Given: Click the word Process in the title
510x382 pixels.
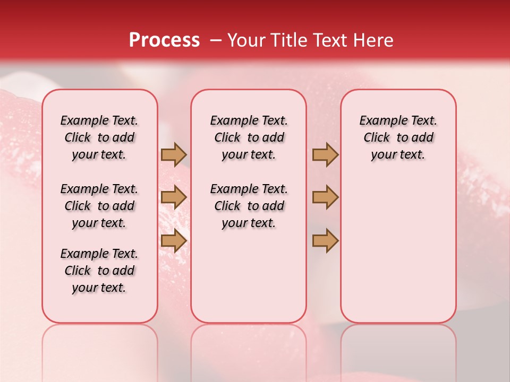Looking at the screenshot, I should pos(164,40).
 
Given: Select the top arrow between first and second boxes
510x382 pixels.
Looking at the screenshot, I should pos(174,154).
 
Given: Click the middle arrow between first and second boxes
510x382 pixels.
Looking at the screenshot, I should pos(174,197).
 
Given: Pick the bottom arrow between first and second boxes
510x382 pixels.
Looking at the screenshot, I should pos(174,240).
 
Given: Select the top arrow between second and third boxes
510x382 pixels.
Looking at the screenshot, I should pos(325,154).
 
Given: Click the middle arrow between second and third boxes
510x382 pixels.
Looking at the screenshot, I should pos(325,197).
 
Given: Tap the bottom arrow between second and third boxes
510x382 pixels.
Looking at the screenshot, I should pos(325,240).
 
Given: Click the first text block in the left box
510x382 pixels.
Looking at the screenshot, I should pos(99,137).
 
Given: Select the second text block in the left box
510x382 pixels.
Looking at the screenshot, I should pos(99,206).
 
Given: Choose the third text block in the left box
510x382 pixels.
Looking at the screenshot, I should pos(99,271).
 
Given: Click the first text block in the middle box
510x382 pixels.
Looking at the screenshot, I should pos(249,137).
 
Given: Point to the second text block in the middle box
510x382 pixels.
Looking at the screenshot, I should pos(249,206).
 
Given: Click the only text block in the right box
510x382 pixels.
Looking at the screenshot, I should pos(398,137).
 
